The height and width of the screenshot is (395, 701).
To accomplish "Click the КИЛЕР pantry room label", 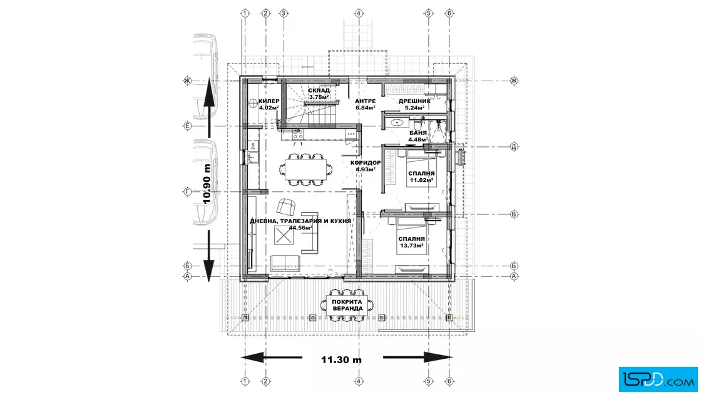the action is (269, 101).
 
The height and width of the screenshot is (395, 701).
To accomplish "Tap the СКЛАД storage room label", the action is (319, 91).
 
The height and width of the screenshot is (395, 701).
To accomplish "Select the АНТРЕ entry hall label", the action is (366, 101).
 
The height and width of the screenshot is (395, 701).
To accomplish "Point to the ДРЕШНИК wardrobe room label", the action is (414, 101).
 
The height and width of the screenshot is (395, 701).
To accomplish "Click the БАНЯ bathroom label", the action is (418, 133).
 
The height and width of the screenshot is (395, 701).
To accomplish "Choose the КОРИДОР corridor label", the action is (366, 163).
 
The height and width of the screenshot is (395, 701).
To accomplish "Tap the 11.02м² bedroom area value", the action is (422, 180).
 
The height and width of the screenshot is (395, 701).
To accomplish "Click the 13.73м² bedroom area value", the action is (412, 246).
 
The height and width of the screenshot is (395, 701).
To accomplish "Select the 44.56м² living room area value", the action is (300, 227).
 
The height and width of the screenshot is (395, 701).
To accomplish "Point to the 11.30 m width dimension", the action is (341, 360).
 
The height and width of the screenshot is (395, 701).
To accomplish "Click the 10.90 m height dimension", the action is (207, 184).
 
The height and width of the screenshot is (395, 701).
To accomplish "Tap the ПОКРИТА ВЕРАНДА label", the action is (347, 305).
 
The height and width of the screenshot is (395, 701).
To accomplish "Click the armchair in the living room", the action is (286, 207).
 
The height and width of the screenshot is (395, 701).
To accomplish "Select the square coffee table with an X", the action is (284, 235).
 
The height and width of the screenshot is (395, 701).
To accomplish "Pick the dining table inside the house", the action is (306, 169).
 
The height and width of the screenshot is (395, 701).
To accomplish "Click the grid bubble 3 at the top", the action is (284, 13).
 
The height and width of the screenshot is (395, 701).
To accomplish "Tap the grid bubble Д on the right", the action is (514, 146).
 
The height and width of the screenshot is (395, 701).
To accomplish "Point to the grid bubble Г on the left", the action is (188, 192).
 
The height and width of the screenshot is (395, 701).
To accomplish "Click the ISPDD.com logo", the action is (658, 379).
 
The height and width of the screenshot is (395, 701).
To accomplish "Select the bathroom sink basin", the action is (396, 122).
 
